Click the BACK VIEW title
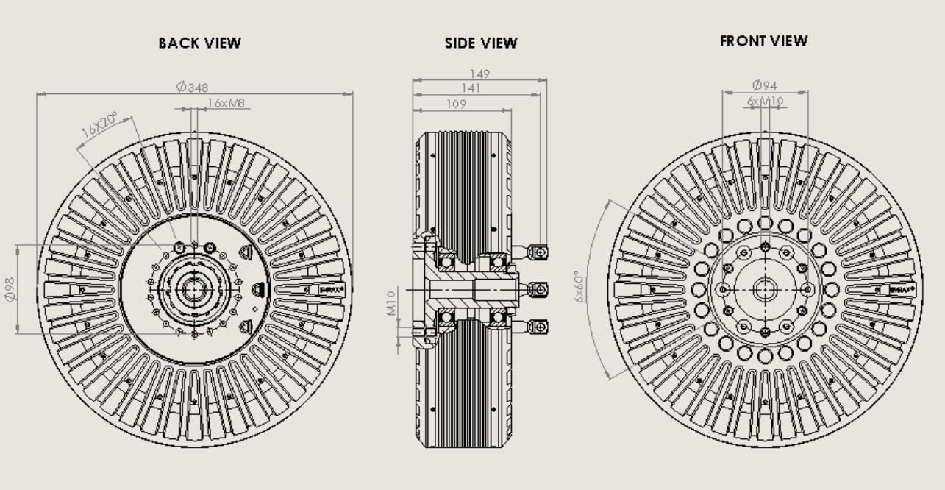[x=199, y=43]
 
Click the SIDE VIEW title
[x=481, y=43]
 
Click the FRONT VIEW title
[x=763, y=41]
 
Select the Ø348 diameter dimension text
[x=193, y=87]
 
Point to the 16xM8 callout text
[x=226, y=104]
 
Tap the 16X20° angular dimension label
[x=99, y=127]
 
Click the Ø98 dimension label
[x=10, y=289]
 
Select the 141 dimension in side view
[x=471, y=88]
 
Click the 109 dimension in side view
[x=457, y=104]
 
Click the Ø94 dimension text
[x=765, y=86]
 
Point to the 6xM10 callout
[x=765, y=101]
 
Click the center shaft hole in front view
[x=765, y=289]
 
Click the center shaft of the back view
[x=194, y=289]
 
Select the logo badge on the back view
[x=330, y=289]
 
